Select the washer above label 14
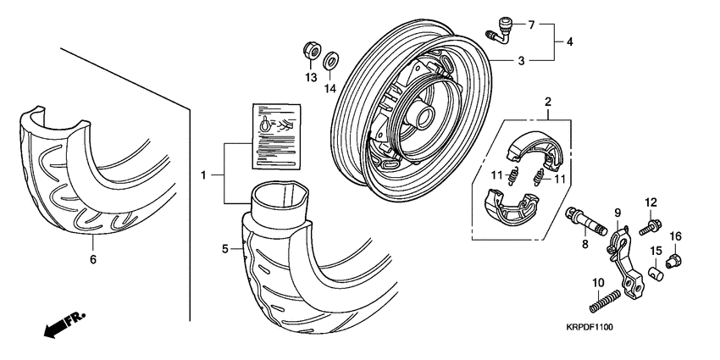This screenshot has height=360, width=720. click(x=332, y=60)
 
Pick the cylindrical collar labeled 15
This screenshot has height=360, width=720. click(x=655, y=274)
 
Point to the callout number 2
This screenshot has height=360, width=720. click(x=548, y=102)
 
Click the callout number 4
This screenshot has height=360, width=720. click(x=569, y=41)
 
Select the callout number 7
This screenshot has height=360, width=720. click(x=531, y=24)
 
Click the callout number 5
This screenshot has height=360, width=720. click(x=225, y=248)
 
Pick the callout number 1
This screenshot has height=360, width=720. click(x=203, y=174)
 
